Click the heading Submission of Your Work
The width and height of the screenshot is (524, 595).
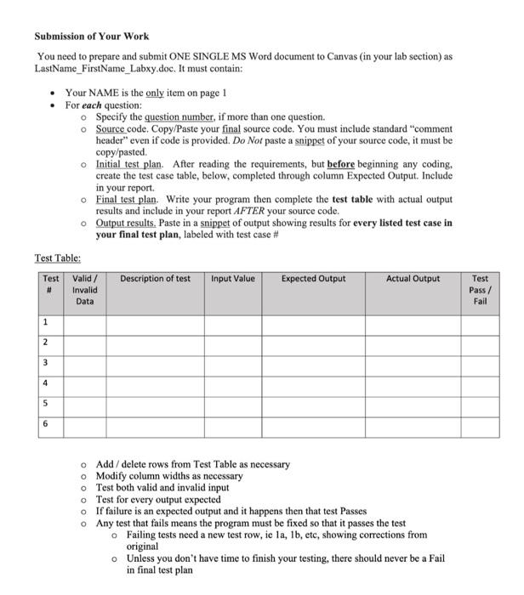(x=91, y=37)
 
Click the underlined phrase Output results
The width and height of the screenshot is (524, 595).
(x=125, y=223)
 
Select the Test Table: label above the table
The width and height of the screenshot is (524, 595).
(x=58, y=258)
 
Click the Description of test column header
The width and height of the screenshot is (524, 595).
(x=155, y=280)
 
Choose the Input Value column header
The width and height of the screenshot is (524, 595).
(x=232, y=280)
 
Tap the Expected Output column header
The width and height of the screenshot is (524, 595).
(x=314, y=280)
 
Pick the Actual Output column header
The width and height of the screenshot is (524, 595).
(x=413, y=280)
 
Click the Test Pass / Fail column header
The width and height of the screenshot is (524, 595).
(x=480, y=290)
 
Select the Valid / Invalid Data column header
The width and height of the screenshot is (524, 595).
(x=85, y=290)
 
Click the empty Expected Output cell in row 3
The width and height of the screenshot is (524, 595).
(x=314, y=363)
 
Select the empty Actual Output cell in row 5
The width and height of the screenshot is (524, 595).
(x=413, y=403)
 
